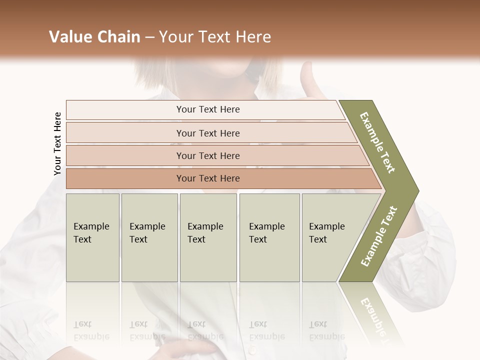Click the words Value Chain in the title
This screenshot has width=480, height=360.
(x=94, y=37)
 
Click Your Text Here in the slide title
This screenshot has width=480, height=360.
(x=215, y=37)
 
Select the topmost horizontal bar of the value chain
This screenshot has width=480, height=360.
(x=208, y=109)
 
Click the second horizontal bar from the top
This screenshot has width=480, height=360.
(x=208, y=133)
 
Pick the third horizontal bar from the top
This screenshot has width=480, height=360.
(x=208, y=155)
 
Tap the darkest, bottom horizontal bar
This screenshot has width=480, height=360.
(x=208, y=178)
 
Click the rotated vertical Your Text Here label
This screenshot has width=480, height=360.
(x=57, y=144)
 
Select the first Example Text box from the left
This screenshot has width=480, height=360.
(x=92, y=237)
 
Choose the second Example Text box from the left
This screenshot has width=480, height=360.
(x=149, y=237)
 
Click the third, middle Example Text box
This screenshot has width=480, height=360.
(x=208, y=237)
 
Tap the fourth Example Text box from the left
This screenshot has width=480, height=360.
(x=269, y=237)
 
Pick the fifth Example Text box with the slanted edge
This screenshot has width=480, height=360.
(x=330, y=237)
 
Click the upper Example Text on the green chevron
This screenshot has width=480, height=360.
(x=378, y=142)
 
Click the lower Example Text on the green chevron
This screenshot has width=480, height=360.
(x=379, y=236)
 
